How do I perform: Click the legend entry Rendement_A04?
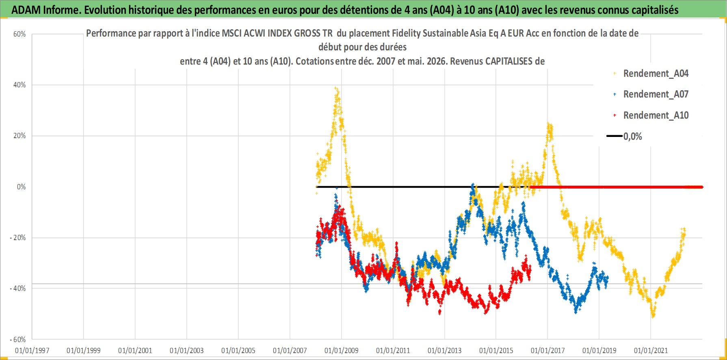point(651,74)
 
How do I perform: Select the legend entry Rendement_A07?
point(651,94)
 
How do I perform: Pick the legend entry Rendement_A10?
point(651,115)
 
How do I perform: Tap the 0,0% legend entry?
point(625,137)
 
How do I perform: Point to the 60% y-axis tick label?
point(19,34)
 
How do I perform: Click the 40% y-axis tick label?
point(19,85)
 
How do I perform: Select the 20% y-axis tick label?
point(19,136)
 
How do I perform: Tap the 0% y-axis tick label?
point(21,187)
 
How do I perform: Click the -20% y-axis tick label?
point(18,238)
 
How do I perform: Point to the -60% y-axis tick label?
point(18,340)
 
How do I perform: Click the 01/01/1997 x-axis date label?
point(32,350)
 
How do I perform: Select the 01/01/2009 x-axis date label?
point(342,350)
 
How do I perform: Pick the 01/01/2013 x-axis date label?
point(445,350)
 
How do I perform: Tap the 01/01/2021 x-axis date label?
point(651,350)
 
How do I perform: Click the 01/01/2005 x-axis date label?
point(238,350)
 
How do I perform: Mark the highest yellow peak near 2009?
point(335,87)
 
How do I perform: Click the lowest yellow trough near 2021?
point(653,317)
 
